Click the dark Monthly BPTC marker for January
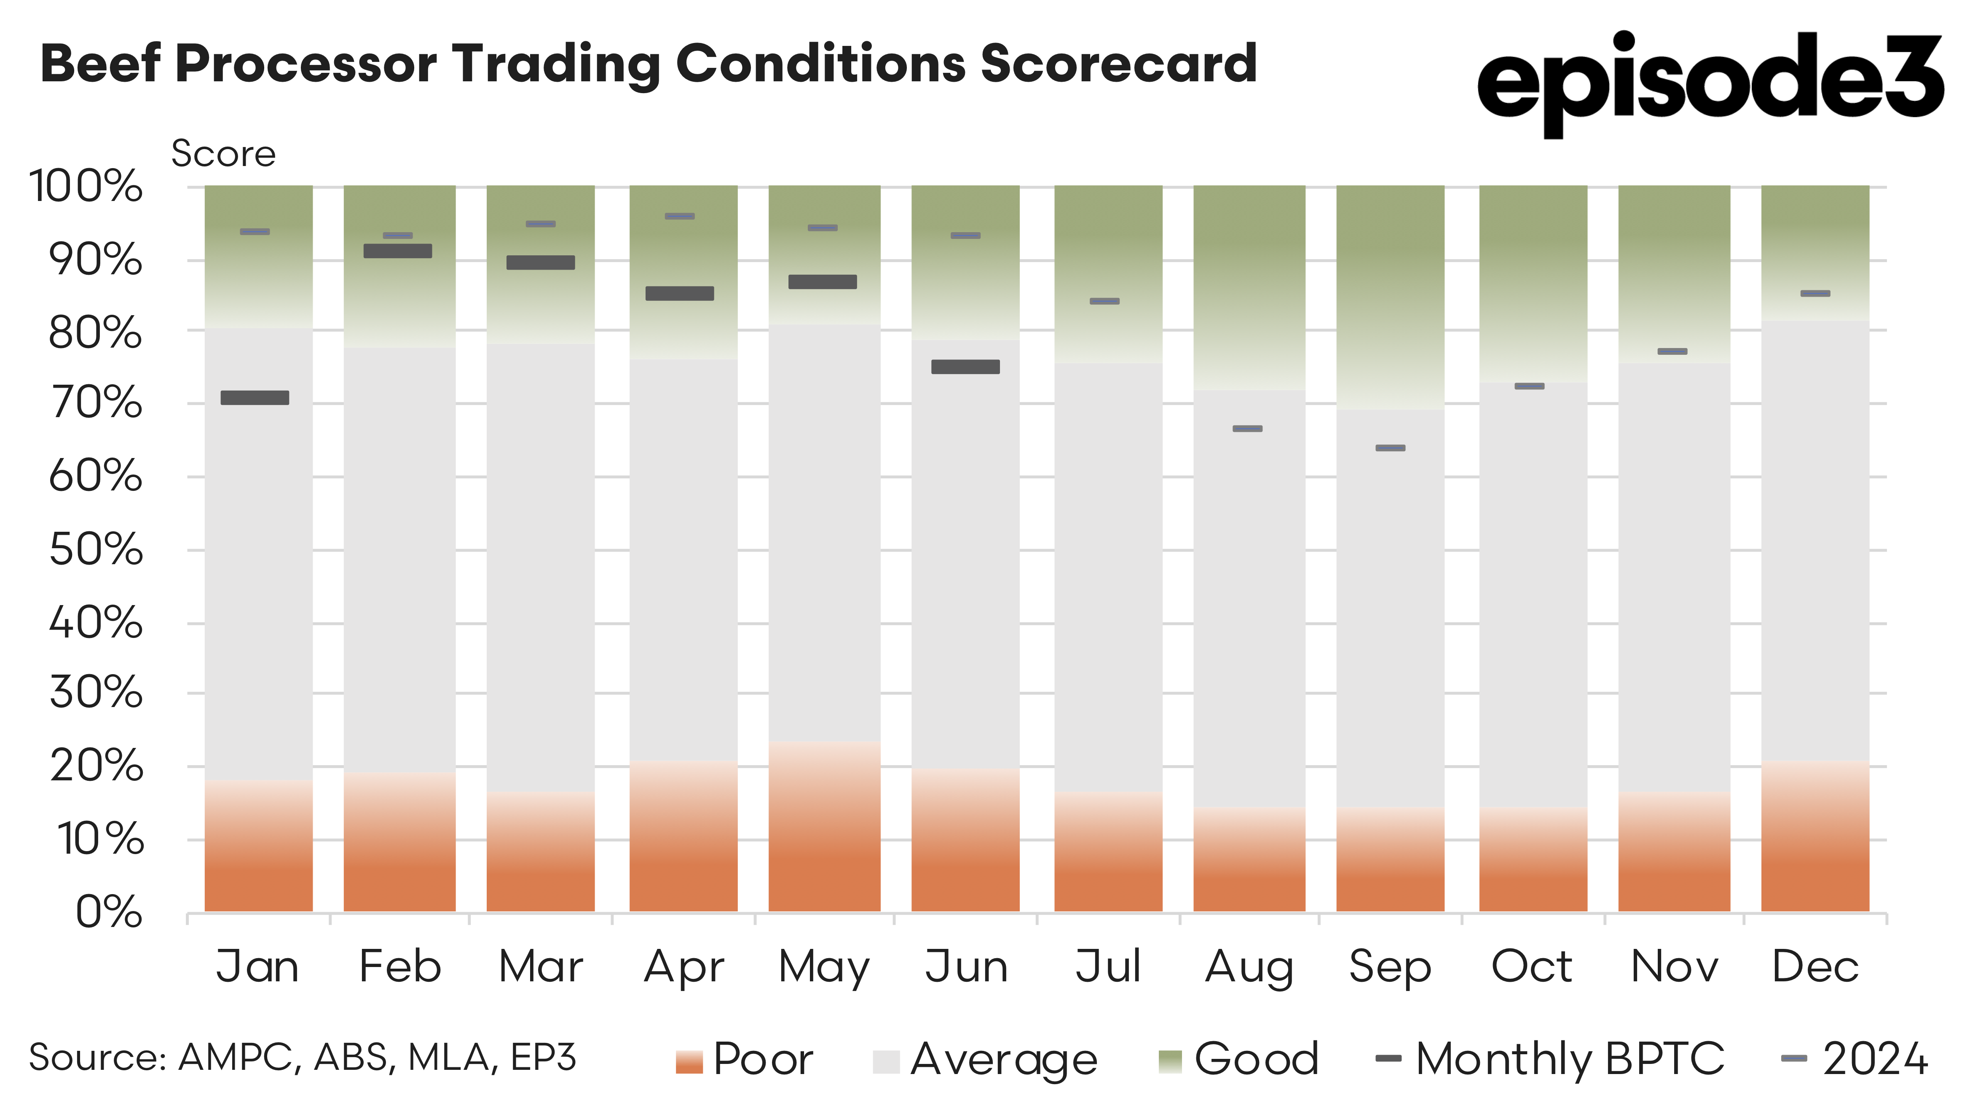[255, 398]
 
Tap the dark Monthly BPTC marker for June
[965, 367]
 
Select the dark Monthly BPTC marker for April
[679, 294]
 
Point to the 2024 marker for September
[1390, 448]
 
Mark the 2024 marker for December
[1815, 294]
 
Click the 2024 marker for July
[1104, 301]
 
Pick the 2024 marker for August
[1247, 429]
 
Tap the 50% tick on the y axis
[96, 550]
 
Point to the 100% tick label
[86, 187]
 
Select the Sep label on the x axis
[1390, 967]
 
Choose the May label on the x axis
[824, 967]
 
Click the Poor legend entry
[745, 1059]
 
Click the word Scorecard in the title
[1118, 64]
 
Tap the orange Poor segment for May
[824, 828]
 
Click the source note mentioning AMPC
[302, 1058]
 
